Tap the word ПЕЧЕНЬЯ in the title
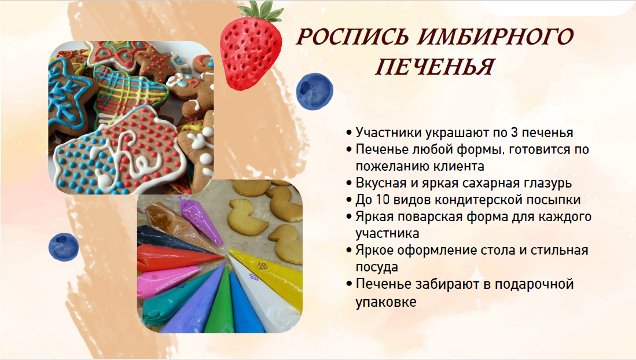435,67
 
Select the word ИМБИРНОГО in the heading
495,37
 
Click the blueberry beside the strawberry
314,91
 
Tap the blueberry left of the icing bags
64,247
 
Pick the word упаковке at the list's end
386,302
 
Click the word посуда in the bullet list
377,267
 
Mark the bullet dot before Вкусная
349,183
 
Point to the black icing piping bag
170,240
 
